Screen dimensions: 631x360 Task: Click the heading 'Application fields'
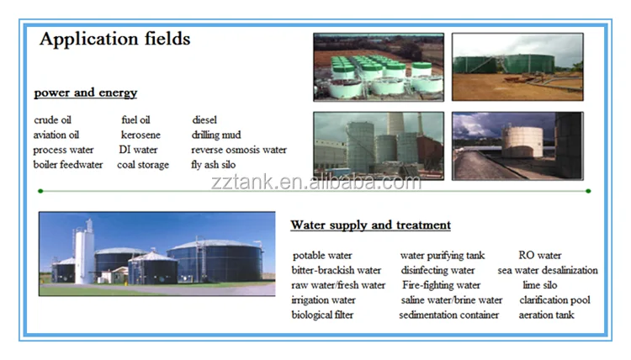click(x=114, y=39)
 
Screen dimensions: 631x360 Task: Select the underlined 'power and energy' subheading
click(x=86, y=93)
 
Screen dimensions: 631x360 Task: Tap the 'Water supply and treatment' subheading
click(x=371, y=225)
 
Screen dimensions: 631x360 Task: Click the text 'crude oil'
click(x=53, y=120)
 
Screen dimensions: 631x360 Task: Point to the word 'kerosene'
click(x=141, y=135)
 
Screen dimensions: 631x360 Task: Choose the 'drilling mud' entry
click(x=216, y=135)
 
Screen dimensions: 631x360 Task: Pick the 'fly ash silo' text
click(x=214, y=165)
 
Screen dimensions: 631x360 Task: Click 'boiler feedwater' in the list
click(x=68, y=165)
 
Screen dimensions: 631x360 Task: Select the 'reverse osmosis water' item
click(x=239, y=150)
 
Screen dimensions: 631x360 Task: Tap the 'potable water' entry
click(x=322, y=256)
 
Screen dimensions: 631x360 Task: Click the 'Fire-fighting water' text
click(x=442, y=285)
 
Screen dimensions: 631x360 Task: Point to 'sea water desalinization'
click(x=548, y=270)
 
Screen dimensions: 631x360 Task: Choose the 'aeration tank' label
click(x=547, y=315)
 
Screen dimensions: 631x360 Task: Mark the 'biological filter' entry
click(x=322, y=315)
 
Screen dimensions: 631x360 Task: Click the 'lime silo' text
click(x=540, y=285)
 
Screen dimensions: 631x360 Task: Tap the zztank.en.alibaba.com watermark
click(x=316, y=183)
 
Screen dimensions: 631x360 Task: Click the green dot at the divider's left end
click(x=40, y=191)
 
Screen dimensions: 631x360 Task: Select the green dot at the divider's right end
click(x=588, y=191)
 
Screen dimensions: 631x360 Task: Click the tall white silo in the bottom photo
click(x=84, y=253)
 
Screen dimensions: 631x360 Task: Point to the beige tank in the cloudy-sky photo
click(x=522, y=141)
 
